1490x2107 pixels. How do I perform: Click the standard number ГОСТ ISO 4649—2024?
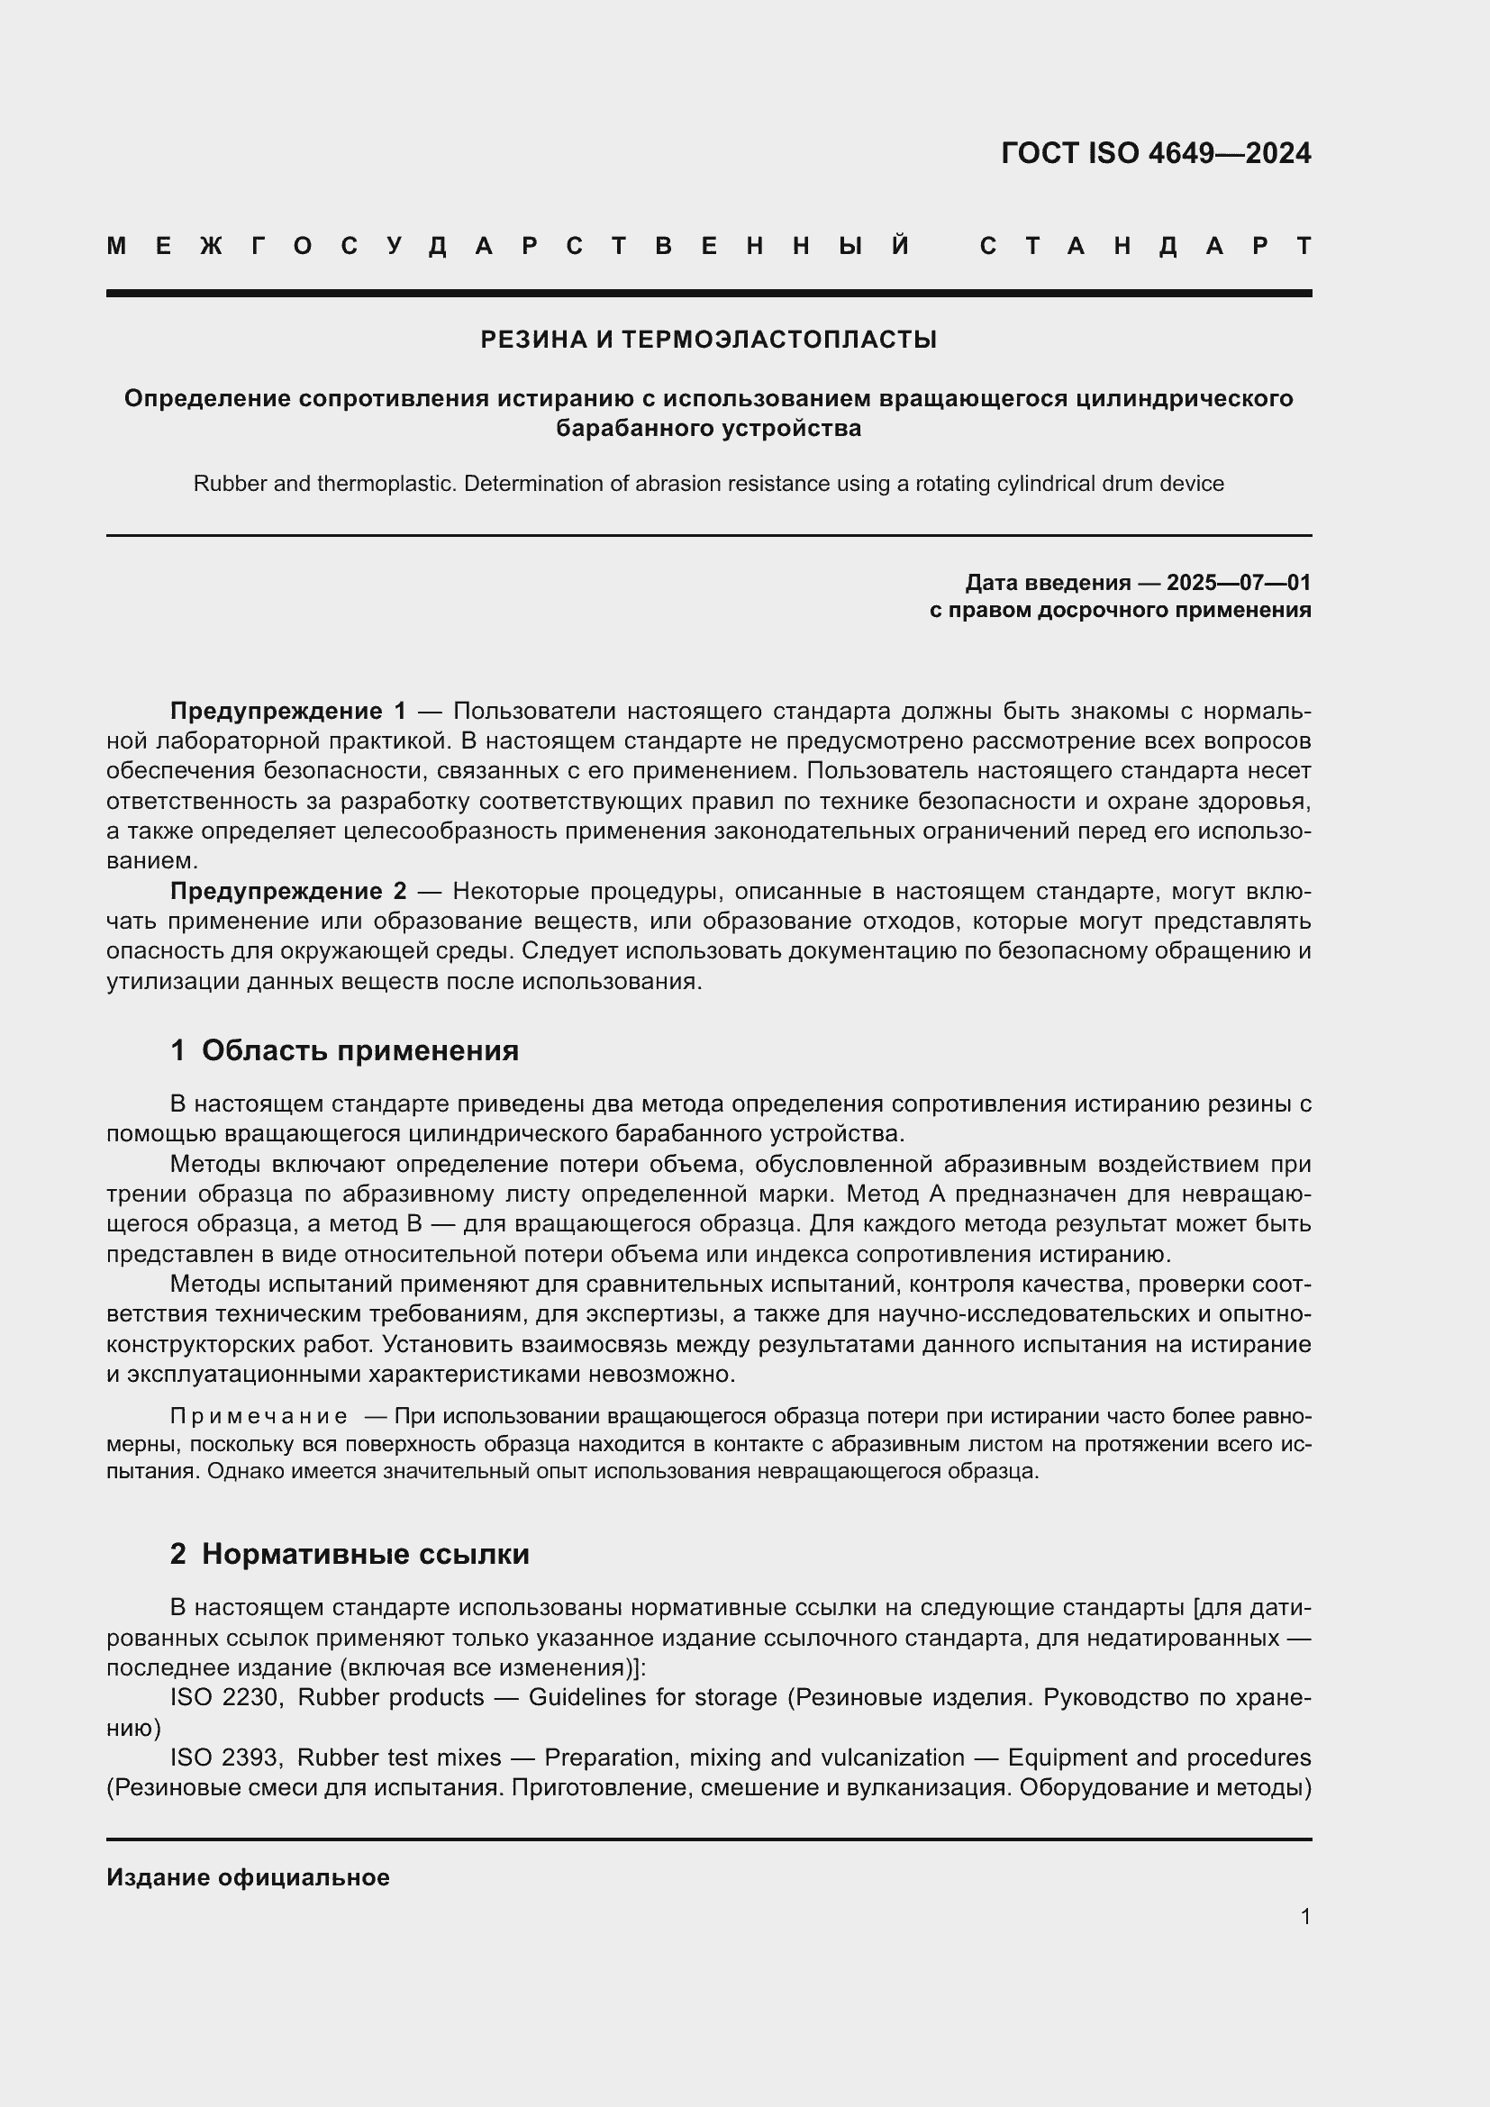tap(1155, 153)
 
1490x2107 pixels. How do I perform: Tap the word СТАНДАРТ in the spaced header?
tap(1145, 247)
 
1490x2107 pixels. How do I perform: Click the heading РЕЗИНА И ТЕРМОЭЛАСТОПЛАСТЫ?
tap(708, 341)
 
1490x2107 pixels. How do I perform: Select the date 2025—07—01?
tap(1238, 583)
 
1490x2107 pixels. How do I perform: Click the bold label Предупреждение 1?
tap(288, 712)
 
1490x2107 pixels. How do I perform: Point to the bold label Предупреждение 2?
tap(288, 891)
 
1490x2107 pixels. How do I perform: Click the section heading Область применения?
tap(359, 1050)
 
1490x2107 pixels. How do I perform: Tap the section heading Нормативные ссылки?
tap(365, 1555)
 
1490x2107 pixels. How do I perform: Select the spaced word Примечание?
tap(259, 1417)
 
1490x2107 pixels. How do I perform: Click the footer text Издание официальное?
tap(248, 1877)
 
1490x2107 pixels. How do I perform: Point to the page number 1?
tap(1304, 1916)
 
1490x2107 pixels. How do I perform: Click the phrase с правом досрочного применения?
tap(1120, 610)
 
